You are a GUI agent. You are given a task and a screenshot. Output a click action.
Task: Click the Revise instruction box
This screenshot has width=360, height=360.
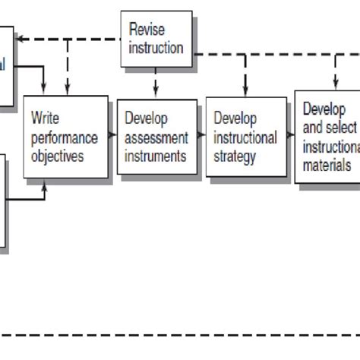[x=156, y=39]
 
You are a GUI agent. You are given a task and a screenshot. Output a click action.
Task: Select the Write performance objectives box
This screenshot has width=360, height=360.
[x=65, y=137]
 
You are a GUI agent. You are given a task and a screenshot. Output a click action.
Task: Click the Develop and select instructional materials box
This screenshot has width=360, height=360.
[x=327, y=136]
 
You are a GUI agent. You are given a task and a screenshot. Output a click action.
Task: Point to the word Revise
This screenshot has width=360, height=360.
[x=147, y=30]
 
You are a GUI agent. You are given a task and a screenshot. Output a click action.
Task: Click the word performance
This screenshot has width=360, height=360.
[x=65, y=137]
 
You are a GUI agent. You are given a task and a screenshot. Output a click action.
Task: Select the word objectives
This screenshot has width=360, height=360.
[x=58, y=156]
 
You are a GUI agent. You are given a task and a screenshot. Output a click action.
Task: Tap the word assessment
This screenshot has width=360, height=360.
[x=155, y=137]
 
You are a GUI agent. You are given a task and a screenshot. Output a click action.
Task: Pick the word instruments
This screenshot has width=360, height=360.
[x=156, y=156]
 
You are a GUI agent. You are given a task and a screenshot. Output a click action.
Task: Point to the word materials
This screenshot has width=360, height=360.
[x=327, y=164]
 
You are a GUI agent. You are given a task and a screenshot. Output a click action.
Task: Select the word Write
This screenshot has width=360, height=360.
[x=45, y=118]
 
